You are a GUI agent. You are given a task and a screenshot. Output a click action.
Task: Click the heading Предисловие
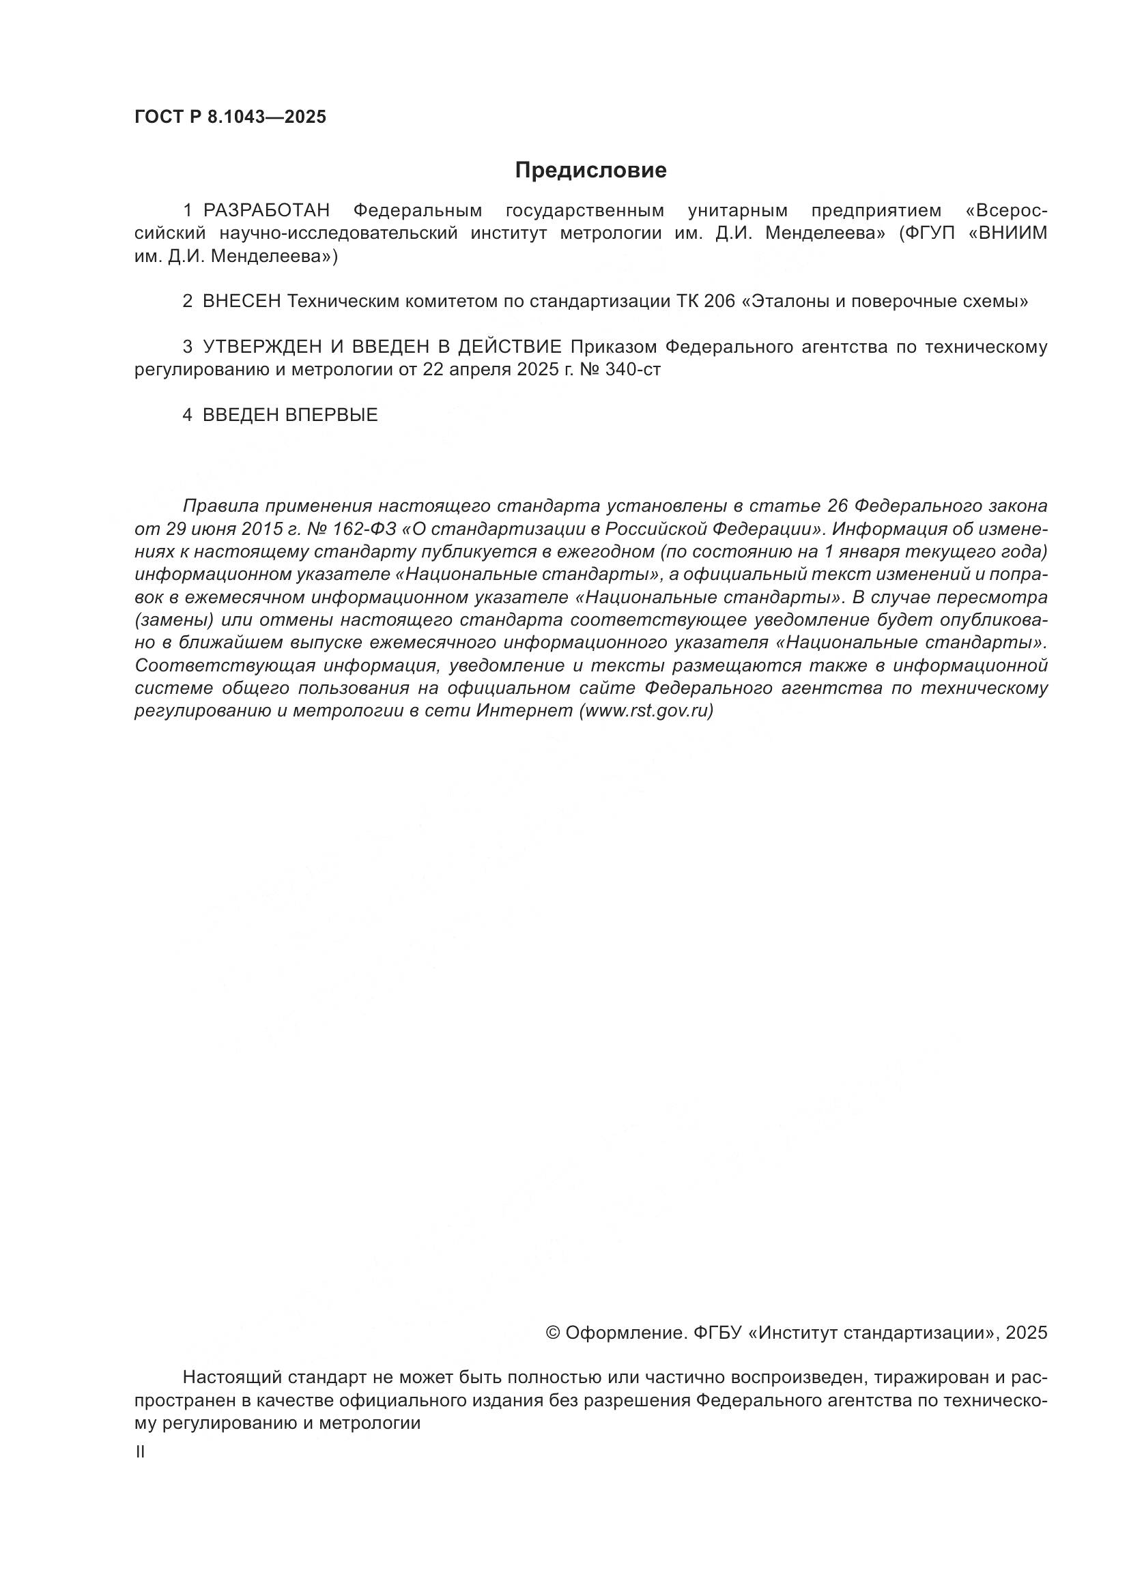pyautogui.click(x=590, y=171)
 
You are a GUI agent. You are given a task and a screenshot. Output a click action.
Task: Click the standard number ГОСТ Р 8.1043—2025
pyautogui.click(x=230, y=117)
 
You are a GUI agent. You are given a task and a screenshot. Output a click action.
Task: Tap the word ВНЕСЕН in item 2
pyautogui.click(x=241, y=302)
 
